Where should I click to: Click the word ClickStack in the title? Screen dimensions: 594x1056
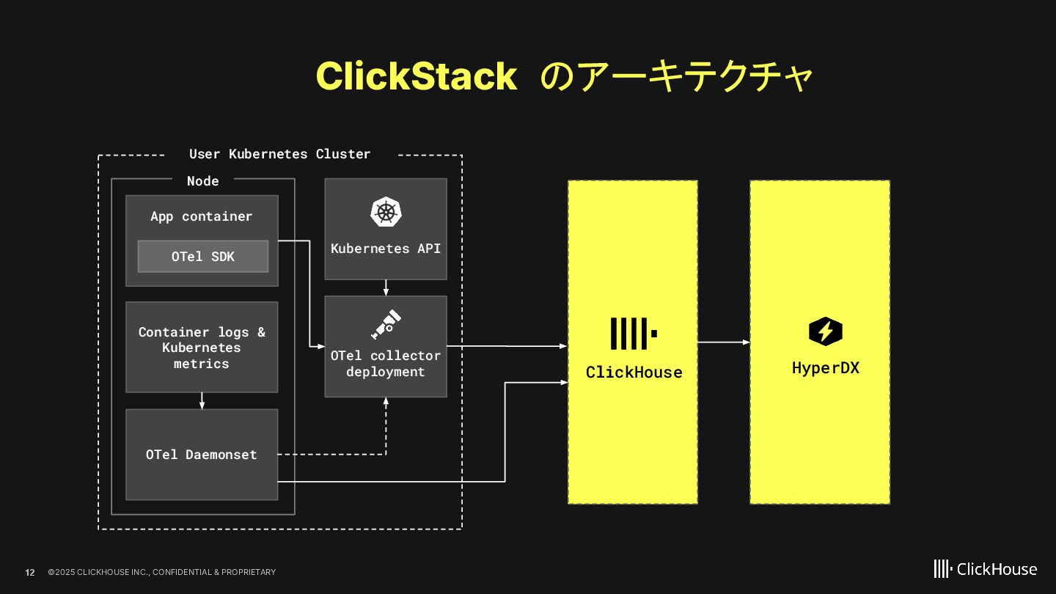[416, 76]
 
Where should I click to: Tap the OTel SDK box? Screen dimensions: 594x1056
[203, 257]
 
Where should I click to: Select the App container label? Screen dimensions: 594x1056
[201, 216]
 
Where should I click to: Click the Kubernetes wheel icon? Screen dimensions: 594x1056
[386, 212]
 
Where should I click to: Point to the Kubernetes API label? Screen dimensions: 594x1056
[386, 249]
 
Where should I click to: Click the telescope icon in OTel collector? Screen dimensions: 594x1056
[386, 325]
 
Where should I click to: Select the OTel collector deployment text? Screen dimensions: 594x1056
[386, 364]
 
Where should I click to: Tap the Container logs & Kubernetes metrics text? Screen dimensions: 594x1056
[202, 348]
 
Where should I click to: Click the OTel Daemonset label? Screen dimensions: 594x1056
[202, 455]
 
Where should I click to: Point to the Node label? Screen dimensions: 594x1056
[202, 181]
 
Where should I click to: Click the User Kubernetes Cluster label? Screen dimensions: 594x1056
[279, 154]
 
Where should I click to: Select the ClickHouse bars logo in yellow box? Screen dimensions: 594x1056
[633, 334]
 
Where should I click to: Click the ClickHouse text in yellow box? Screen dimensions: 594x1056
[634, 373]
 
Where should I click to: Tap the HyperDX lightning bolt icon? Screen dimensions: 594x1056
[825, 331]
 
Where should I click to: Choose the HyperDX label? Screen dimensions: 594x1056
[825, 368]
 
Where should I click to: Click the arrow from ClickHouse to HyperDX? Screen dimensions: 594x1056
[723, 342]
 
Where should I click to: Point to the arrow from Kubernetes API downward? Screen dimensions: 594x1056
[386, 287]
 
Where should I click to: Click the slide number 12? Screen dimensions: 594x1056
[30, 572]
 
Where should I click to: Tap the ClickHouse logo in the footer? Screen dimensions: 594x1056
[985, 569]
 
